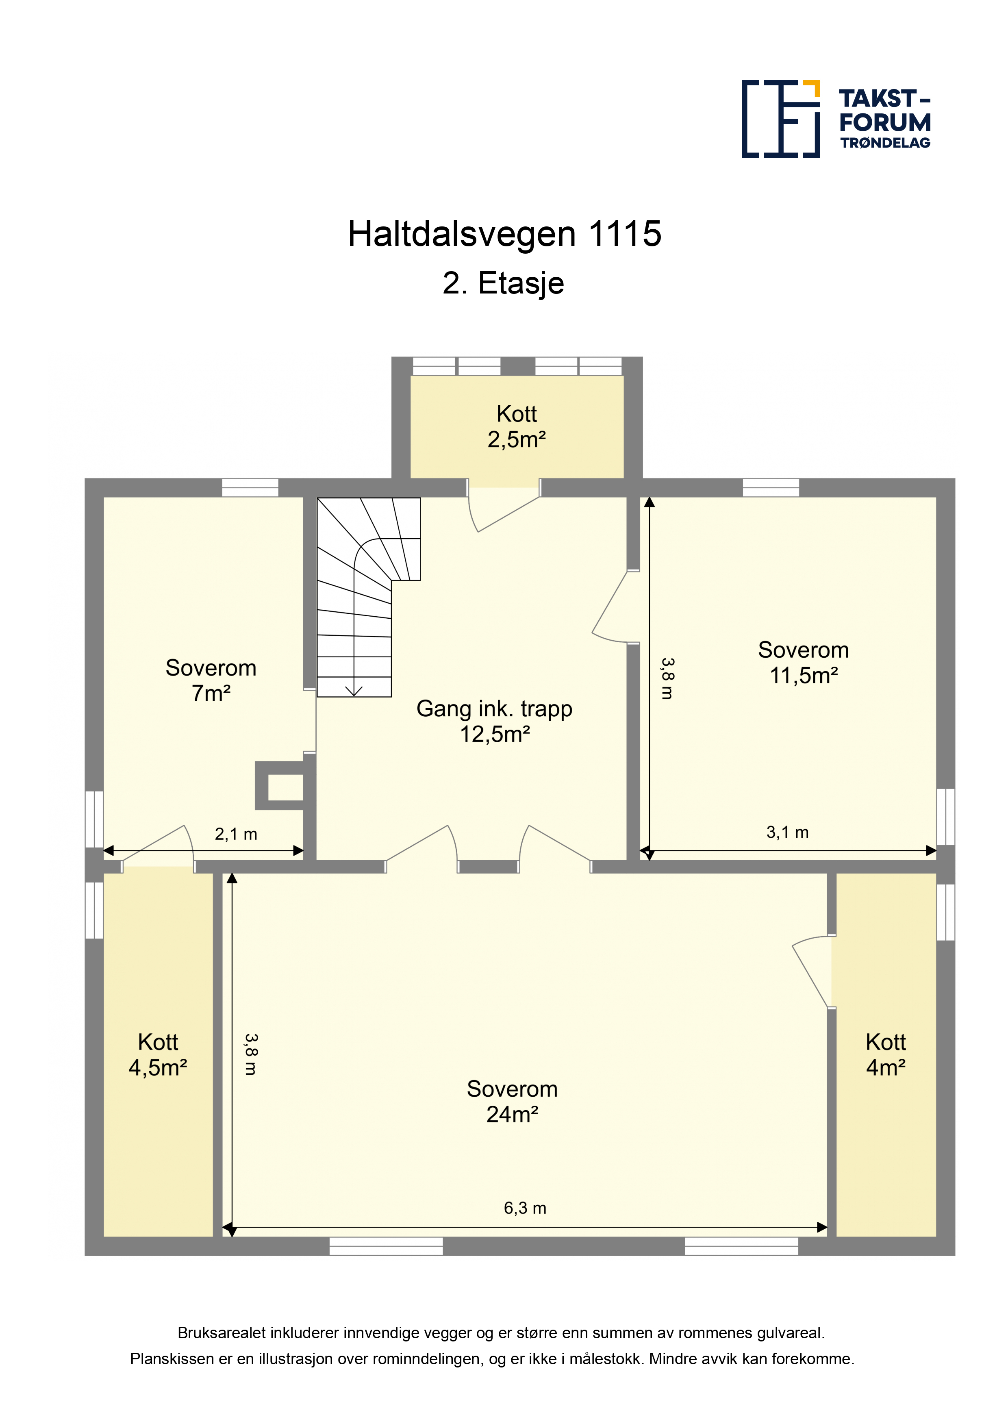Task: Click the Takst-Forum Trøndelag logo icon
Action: point(781,119)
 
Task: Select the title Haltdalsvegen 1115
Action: point(504,234)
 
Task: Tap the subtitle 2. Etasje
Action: point(504,283)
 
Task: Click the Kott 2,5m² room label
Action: point(517,427)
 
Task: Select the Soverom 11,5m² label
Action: point(804,662)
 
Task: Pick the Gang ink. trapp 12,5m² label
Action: point(494,721)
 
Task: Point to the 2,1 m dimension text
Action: point(236,834)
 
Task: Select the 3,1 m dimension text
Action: point(788,832)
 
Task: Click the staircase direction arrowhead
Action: point(354,691)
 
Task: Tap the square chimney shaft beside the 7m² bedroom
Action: point(280,786)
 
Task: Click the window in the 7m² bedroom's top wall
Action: point(250,487)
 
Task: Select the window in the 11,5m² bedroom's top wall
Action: point(771,487)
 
